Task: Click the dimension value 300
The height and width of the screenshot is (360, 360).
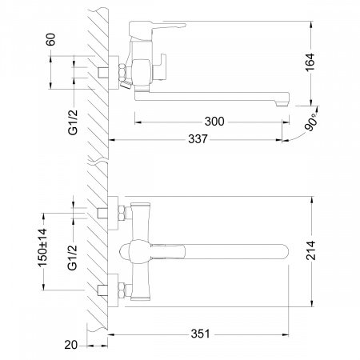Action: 214,122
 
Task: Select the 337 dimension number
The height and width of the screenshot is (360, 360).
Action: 198,139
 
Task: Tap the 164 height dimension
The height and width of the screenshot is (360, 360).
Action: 310,62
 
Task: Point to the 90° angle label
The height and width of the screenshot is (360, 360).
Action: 312,123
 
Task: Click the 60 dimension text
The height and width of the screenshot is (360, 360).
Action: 50,39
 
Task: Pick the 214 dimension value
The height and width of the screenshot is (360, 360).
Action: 310,250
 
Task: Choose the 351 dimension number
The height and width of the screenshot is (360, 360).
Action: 200,334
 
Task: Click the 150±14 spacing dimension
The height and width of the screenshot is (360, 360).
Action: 42,247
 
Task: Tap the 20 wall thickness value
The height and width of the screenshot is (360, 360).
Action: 70,345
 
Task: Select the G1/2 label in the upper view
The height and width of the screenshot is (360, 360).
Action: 72,122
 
